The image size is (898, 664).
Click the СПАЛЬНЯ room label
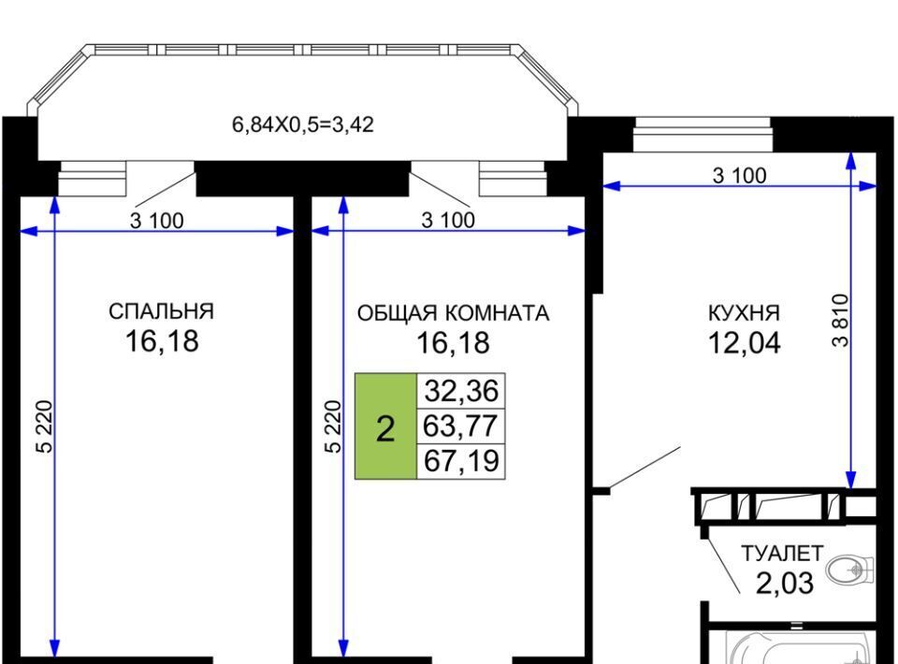pyautogui.click(x=161, y=311)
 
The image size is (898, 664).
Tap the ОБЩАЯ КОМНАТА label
pyautogui.click(x=453, y=313)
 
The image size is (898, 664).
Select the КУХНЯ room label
pyautogui.click(x=744, y=313)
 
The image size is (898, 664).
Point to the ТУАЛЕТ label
pyautogui.click(x=782, y=554)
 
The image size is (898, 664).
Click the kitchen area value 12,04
pyautogui.click(x=744, y=343)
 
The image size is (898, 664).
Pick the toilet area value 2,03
pyautogui.click(x=784, y=584)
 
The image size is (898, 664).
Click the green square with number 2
pyautogui.click(x=385, y=426)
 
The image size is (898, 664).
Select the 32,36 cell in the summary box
pyautogui.click(x=461, y=391)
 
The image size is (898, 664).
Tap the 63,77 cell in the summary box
pyautogui.click(x=461, y=426)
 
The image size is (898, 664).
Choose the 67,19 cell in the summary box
pyautogui.click(x=461, y=461)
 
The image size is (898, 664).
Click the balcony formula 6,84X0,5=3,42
pyautogui.click(x=303, y=124)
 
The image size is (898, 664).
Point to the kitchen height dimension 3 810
pyautogui.click(x=840, y=320)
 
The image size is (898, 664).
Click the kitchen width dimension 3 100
pyautogui.click(x=739, y=176)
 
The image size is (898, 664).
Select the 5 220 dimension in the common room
pyautogui.click(x=333, y=426)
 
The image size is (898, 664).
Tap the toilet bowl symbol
pyautogui.click(x=850, y=569)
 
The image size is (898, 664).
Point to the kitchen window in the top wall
pyautogui.click(x=702, y=135)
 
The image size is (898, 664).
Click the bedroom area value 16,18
pyautogui.click(x=162, y=341)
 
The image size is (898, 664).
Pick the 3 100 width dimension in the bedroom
pyautogui.click(x=157, y=221)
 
